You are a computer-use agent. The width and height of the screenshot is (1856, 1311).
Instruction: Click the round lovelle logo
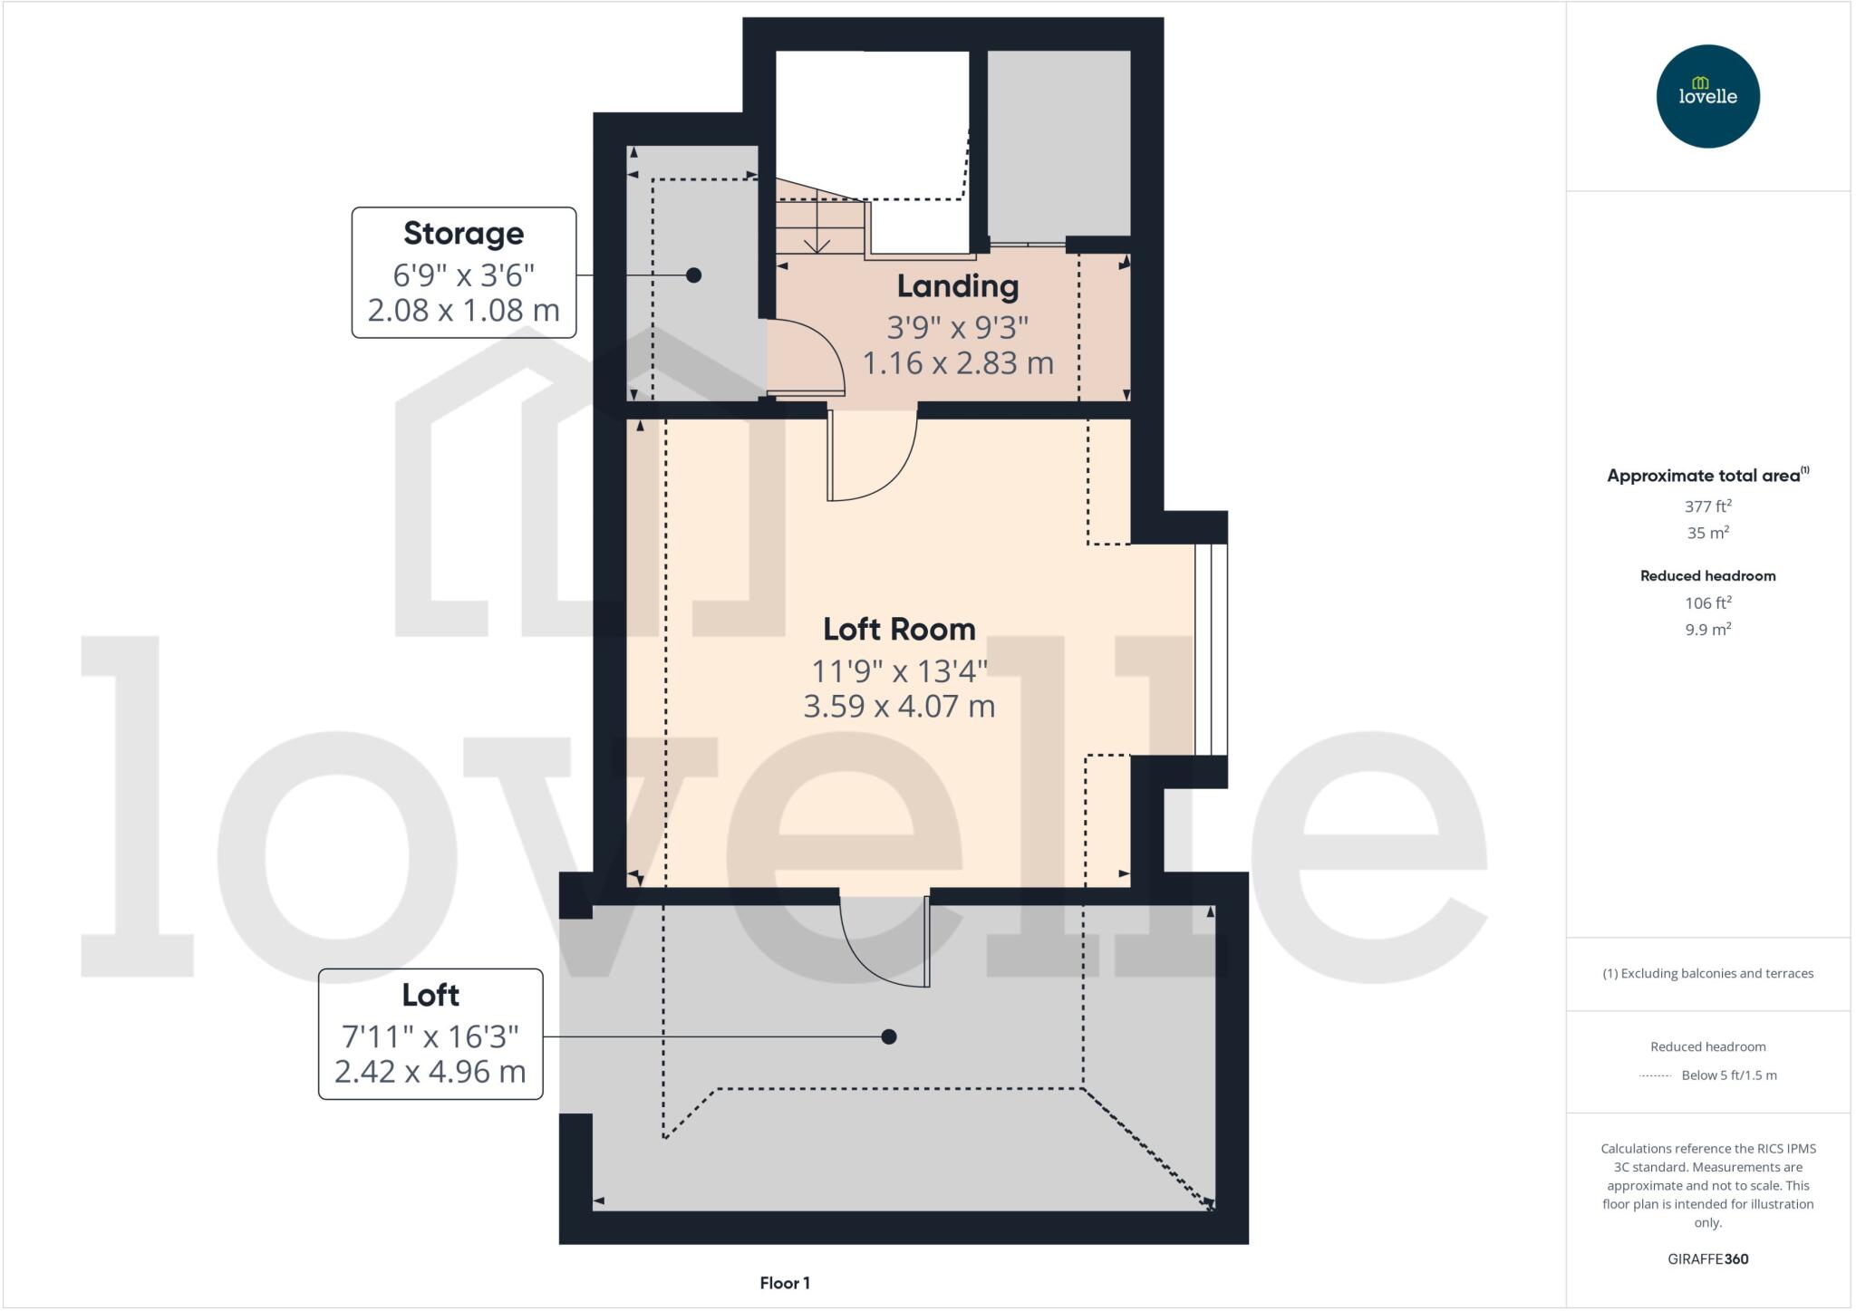click(x=1707, y=96)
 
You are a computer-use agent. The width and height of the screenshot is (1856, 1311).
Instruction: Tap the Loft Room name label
click(x=899, y=629)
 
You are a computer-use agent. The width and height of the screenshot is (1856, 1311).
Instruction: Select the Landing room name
click(x=958, y=286)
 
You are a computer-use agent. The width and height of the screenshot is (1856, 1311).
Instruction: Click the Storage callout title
click(x=463, y=234)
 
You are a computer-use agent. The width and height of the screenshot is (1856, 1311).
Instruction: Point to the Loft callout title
click(x=430, y=996)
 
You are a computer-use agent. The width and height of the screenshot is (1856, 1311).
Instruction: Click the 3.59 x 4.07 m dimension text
click(x=899, y=706)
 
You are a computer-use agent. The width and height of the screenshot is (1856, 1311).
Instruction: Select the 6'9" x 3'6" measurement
click(x=463, y=274)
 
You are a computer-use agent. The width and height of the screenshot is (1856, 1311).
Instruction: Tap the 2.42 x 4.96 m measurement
click(x=430, y=1072)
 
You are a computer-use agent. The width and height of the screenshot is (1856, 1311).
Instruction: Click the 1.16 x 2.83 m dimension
click(x=958, y=363)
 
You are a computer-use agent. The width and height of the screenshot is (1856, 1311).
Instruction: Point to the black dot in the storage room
click(x=693, y=275)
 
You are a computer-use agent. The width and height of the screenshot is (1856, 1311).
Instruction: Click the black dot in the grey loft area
click(x=889, y=1036)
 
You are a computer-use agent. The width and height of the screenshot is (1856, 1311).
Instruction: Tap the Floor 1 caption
click(x=785, y=1283)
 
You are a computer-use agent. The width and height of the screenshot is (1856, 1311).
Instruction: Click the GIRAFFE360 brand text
click(x=1707, y=1258)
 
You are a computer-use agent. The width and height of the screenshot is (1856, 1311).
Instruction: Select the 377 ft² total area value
click(x=1707, y=506)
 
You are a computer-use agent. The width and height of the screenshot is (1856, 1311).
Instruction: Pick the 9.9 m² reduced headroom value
click(x=1707, y=629)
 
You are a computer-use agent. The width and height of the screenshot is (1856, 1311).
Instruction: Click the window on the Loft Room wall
click(x=1211, y=649)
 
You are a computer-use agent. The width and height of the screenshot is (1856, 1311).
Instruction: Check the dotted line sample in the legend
click(x=1656, y=1075)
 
